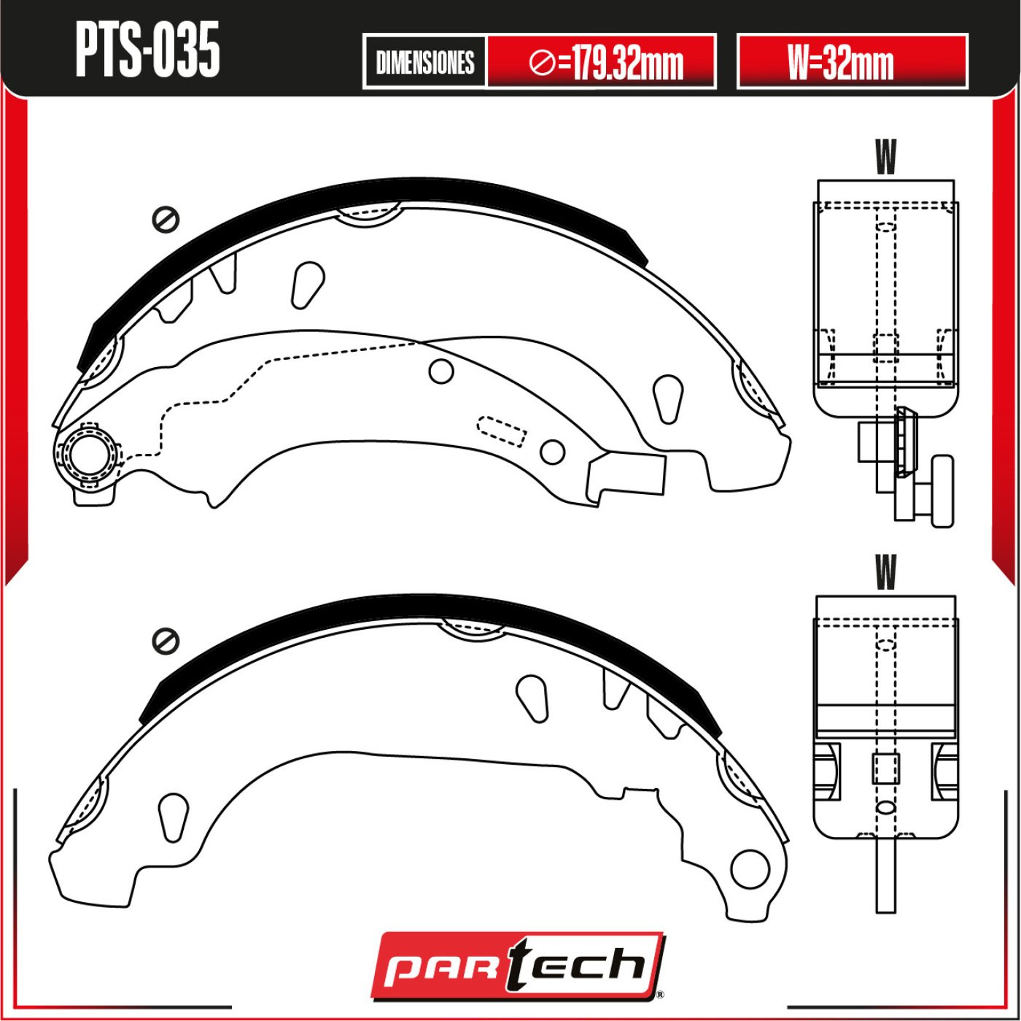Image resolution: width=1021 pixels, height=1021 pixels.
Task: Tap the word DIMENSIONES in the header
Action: (x=424, y=62)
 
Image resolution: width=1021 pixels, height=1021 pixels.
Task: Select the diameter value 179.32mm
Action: (x=606, y=63)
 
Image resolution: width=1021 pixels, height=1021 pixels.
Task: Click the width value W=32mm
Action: (x=841, y=61)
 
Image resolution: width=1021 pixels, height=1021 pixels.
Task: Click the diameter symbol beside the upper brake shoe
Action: (x=166, y=219)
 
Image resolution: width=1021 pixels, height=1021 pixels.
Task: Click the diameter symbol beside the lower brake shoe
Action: (x=166, y=641)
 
